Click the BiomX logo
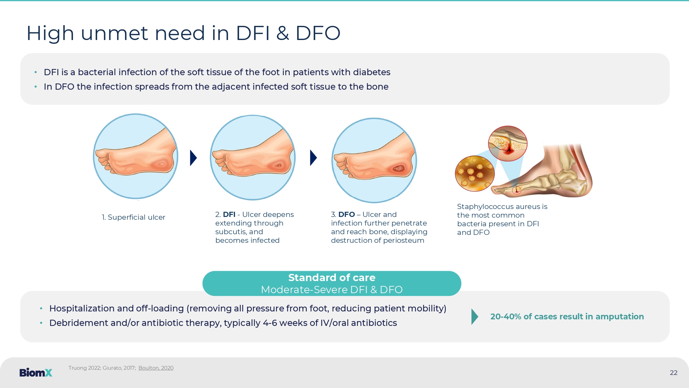[x=36, y=372]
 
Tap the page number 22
[x=673, y=372]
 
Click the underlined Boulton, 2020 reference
[x=156, y=368]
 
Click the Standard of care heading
[x=331, y=278]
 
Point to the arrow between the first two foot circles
[x=193, y=158]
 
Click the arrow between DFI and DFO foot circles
[x=313, y=158]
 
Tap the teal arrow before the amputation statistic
[x=474, y=317]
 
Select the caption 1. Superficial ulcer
[x=133, y=217]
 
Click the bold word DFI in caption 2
[x=229, y=215]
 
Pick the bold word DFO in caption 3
[x=347, y=215]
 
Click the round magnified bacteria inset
[x=475, y=173]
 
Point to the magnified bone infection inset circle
[x=507, y=143]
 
